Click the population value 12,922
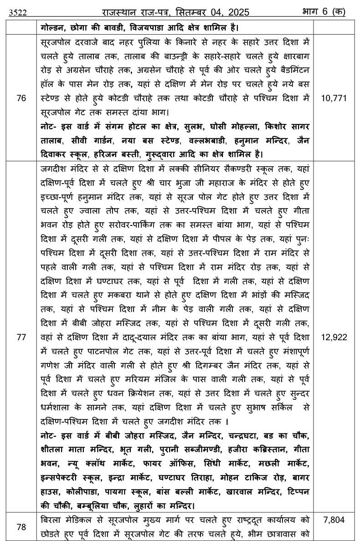(x=334, y=337)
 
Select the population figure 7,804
(x=334, y=520)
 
